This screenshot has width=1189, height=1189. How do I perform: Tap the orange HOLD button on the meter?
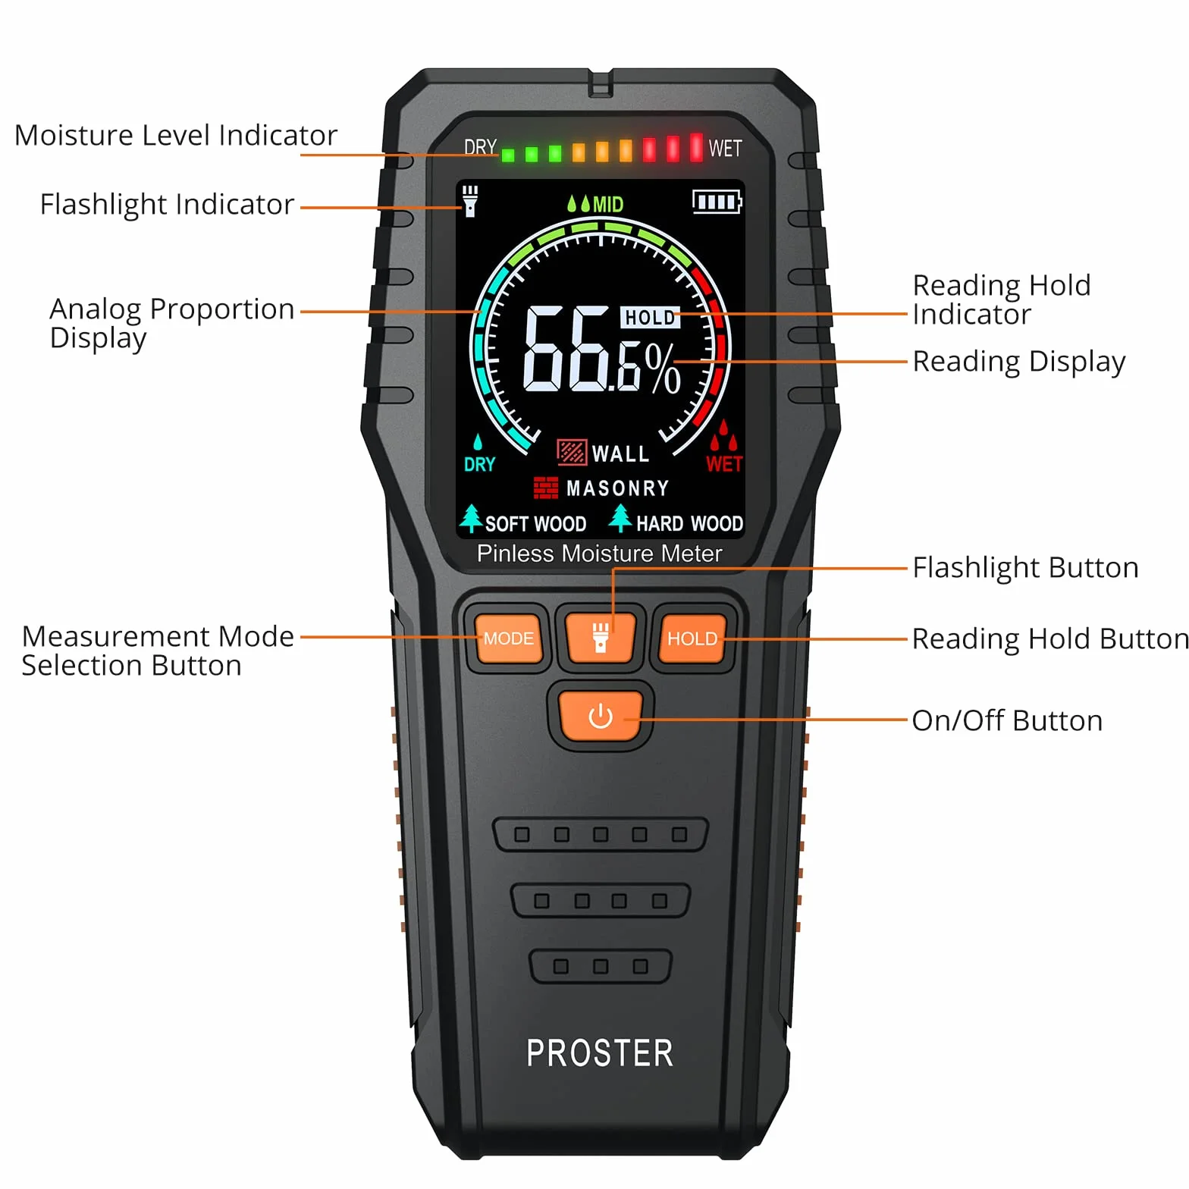point(692,638)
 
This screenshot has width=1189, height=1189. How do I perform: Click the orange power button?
point(600,716)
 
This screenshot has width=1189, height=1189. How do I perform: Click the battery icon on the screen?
point(717,202)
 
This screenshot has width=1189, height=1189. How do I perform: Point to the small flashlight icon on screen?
point(470,201)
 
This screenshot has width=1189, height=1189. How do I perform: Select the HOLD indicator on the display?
point(650,318)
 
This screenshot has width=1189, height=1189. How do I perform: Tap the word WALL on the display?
point(620,453)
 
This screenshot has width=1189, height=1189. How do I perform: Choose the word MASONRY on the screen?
point(618,488)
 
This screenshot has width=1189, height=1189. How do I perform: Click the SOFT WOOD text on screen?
point(535,524)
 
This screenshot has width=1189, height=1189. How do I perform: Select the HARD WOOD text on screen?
point(689,523)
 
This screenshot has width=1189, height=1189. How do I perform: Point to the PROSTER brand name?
point(600,1053)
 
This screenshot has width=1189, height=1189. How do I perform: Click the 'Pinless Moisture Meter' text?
point(599,554)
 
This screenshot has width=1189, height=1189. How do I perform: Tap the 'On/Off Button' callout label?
point(1007,720)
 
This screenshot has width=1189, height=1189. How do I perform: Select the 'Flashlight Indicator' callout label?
point(167,204)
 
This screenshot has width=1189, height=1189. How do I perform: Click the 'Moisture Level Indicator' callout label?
point(176,135)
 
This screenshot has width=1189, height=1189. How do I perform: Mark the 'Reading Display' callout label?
point(1019,362)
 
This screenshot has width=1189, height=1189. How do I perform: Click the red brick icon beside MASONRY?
point(546,488)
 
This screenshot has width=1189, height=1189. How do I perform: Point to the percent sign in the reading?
point(663,369)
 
